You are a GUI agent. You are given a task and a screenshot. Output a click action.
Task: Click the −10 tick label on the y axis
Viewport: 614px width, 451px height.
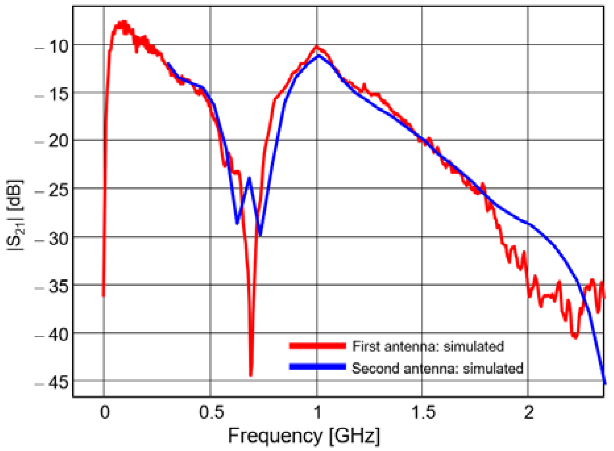coord(53,47)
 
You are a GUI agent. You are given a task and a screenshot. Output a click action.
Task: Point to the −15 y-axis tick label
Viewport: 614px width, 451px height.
coord(53,95)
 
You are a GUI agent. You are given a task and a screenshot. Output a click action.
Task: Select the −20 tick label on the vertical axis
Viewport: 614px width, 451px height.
coord(53,142)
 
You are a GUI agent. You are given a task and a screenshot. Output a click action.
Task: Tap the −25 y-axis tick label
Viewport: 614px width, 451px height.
coord(53,190)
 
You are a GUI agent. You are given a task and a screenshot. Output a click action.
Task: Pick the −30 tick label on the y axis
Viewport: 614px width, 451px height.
coord(53,239)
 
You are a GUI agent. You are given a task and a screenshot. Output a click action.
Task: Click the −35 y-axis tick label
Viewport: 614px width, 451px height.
coord(53,287)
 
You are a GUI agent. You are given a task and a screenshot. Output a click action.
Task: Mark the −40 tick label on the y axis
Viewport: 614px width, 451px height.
coord(53,335)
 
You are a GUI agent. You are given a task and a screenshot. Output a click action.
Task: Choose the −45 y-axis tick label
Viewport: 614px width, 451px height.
coord(53,383)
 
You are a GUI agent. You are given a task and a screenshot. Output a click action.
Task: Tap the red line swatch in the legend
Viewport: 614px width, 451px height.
coord(318,346)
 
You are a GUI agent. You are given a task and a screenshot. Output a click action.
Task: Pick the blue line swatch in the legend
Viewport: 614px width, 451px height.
coord(318,367)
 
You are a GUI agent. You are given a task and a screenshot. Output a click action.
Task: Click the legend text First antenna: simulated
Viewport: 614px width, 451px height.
coord(428,347)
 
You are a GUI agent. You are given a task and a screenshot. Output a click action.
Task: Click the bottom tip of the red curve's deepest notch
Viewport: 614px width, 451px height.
coord(251,375)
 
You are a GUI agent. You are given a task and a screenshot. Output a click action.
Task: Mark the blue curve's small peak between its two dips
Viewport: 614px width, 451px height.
coord(250,178)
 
